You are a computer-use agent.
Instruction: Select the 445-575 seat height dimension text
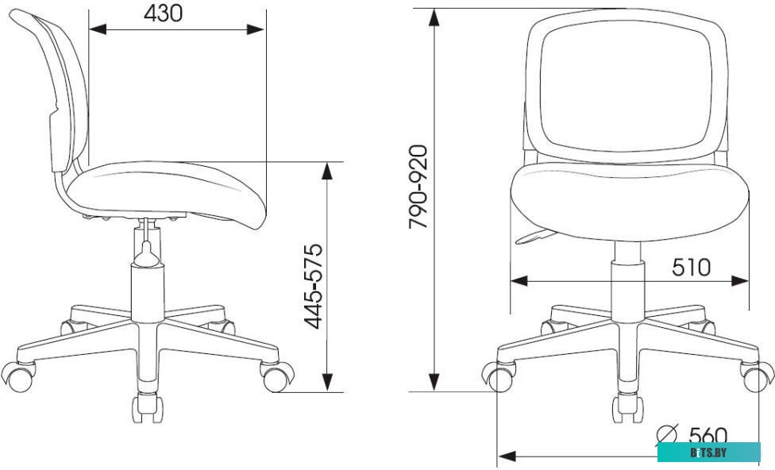(x=314, y=287)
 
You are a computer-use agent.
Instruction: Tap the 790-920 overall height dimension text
(x=418, y=187)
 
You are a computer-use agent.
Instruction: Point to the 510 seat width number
(x=691, y=268)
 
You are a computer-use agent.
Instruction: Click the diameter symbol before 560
(x=667, y=435)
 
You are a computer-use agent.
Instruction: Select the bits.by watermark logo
(x=708, y=453)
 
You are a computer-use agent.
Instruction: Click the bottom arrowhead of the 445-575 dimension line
(x=327, y=383)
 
